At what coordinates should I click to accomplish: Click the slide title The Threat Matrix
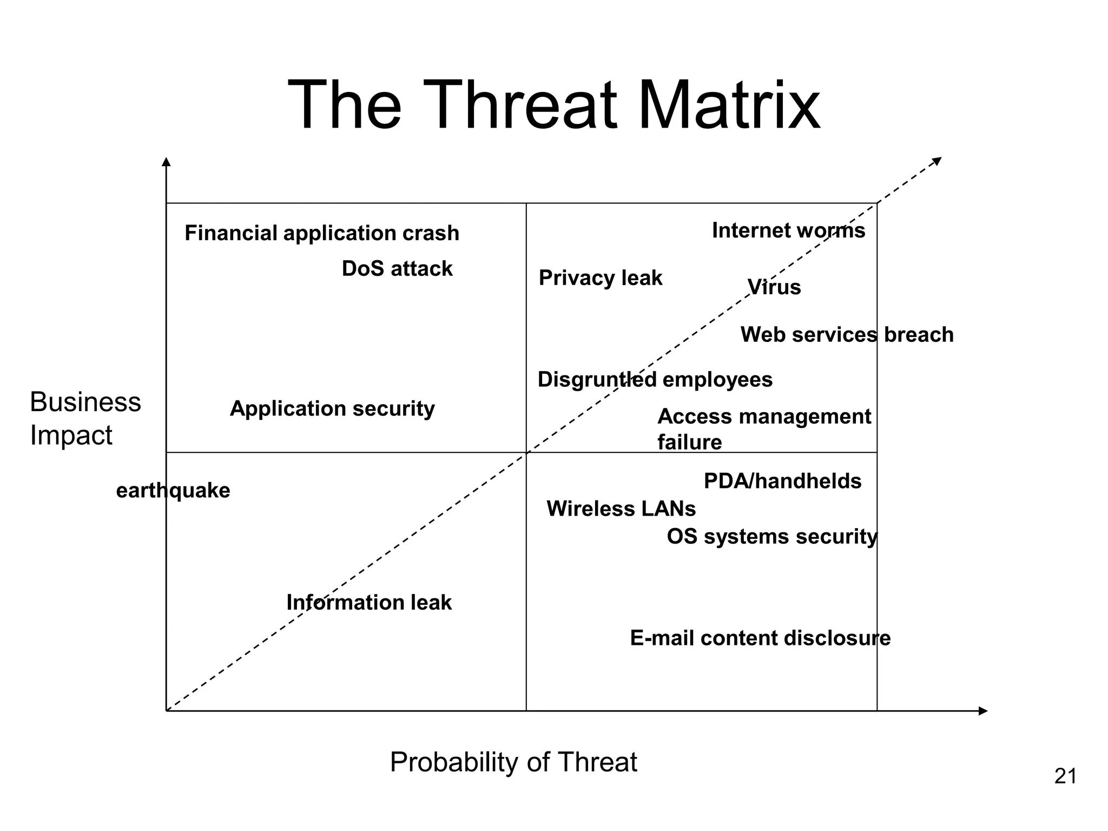tap(553, 105)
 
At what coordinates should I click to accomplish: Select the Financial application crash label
tap(321, 233)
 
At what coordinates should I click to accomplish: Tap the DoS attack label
tap(397, 269)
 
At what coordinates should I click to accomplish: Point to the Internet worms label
tap(788, 230)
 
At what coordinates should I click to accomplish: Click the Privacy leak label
tap(600, 278)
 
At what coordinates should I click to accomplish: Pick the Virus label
tap(774, 287)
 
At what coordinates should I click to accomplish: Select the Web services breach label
tap(846, 335)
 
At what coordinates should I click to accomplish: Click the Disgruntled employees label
tap(655, 380)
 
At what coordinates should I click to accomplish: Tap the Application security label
tap(332, 408)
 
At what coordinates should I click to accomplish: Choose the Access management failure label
tap(763, 428)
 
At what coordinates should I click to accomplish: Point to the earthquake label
tap(173, 491)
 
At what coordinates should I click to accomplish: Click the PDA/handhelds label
tap(782, 482)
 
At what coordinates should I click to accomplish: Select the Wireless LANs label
tap(621, 509)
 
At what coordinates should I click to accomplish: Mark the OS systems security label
tap(771, 537)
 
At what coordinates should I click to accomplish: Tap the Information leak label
tap(368, 603)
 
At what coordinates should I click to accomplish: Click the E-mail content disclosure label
tap(760, 638)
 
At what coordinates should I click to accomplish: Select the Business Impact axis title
tap(85, 418)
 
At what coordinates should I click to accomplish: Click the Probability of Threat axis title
tap(513, 762)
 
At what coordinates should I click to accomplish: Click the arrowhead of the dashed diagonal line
tap(937, 161)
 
